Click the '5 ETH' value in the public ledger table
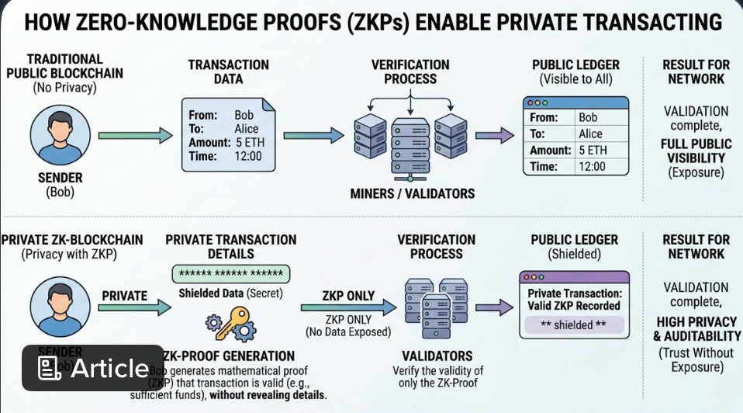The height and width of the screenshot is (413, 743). (593, 150)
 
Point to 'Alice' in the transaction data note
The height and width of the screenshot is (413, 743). (247, 129)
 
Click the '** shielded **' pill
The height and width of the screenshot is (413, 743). (574, 324)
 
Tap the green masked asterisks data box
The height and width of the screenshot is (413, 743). (230, 274)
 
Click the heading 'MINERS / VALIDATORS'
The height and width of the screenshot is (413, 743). (411, 193)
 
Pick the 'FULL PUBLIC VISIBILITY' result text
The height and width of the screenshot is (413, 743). (696, 151)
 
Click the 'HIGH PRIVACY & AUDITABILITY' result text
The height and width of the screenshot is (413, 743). (696, 329)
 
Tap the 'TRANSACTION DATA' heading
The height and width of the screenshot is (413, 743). (228, 71)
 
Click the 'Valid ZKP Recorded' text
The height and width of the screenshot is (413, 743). (574, 306)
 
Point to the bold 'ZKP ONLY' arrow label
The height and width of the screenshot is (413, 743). (348, 296)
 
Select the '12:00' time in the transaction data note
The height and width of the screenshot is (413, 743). (248, 156)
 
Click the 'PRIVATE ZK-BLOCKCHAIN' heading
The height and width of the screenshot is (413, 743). (72, 239)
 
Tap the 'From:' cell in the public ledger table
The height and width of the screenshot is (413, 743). (544, 117)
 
